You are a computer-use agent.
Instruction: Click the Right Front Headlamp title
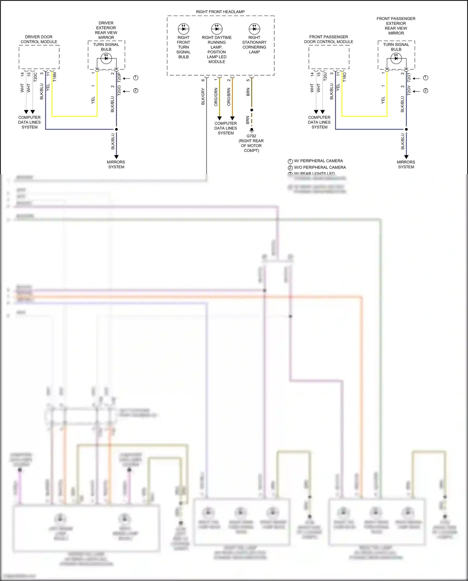tap(220, 12)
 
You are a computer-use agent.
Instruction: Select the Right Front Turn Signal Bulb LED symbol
tap(183, 29)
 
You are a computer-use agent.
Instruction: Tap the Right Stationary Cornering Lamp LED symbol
tap(254, 29)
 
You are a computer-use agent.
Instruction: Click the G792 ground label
tap(251, 136)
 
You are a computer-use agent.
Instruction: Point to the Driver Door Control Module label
tap(39, 39)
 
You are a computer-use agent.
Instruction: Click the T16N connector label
tap(55, 77)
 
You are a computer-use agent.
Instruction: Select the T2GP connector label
tap(119, 77)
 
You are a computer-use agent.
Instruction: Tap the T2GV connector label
tap(409, 90)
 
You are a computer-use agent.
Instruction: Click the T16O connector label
tap(344, 77)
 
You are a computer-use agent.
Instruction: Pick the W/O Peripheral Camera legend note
tap(319, 167)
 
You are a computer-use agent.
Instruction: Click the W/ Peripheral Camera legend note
tap(318, 161)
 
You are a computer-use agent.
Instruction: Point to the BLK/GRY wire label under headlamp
tap(203, 96)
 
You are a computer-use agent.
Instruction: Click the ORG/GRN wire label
tap(216, 97)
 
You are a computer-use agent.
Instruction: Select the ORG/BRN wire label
tap(229, 97)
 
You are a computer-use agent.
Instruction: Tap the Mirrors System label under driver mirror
tap(116, 165)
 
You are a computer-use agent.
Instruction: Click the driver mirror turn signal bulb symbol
tap(106, 58)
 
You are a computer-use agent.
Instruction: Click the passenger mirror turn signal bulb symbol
tap(396, 58)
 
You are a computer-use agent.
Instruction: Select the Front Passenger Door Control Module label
tap(329, 39)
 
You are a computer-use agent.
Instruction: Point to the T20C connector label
tap(35, 77)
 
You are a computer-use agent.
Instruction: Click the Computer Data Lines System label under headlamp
tap(226, 128)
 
